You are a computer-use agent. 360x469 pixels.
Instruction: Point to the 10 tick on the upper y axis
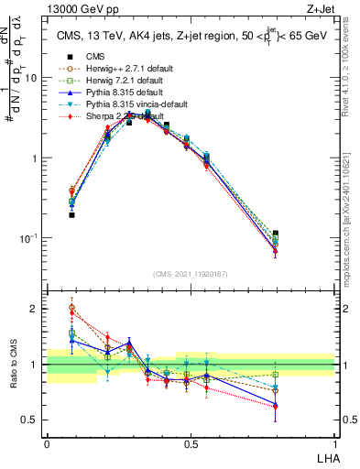pos(31,78)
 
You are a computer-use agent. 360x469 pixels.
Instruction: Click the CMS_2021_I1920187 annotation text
pos(190,274)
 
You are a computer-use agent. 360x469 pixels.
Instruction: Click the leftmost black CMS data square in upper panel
pos(71,215)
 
